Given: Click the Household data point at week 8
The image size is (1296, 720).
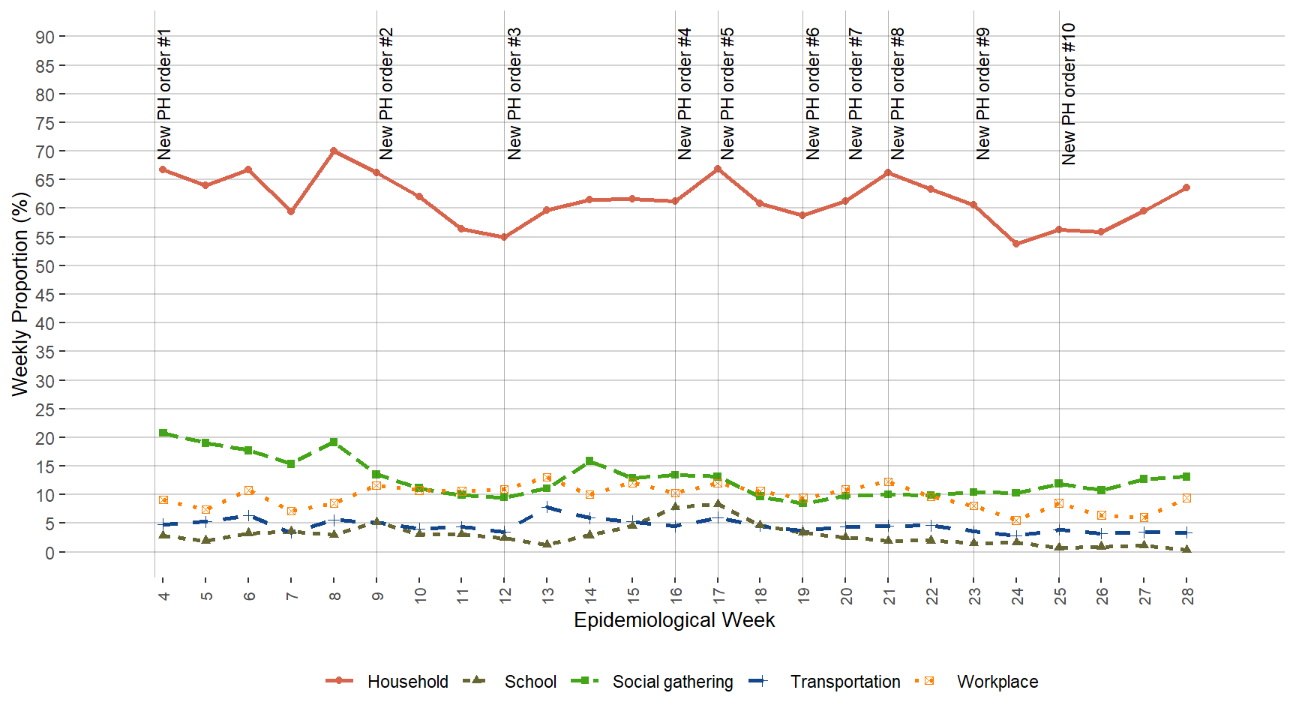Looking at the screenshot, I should coord(334,151).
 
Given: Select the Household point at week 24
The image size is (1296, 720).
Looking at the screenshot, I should coord(1016,244).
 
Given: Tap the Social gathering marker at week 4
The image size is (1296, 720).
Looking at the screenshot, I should coord(163,433).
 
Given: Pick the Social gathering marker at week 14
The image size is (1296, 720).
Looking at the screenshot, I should coord(589,461).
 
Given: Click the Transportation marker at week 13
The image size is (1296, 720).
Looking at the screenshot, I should coord(547,507).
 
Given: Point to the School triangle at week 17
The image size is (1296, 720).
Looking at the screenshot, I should coord(718,504).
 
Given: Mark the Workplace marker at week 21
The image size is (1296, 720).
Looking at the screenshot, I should coord(888,482).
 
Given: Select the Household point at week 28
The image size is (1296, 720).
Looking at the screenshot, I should coord(1186,187).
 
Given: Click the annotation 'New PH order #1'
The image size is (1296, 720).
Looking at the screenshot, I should coord(165,94).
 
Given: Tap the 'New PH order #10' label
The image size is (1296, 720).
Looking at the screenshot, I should coord(1069,94).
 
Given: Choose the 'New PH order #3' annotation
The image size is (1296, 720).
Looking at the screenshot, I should coord(514,94).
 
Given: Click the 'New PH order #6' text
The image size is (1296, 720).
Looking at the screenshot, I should coord(813,94).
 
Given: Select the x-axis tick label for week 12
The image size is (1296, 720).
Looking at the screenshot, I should coord(505,595).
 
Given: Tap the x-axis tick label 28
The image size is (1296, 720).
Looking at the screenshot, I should coord(1187,595).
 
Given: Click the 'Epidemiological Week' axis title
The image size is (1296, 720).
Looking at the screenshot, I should coord(674,620).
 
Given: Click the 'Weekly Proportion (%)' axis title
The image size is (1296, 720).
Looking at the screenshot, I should coord(20,294).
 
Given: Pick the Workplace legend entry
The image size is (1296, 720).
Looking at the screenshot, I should coord(997,682).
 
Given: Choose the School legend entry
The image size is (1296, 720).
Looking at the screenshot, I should coord(529,682).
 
